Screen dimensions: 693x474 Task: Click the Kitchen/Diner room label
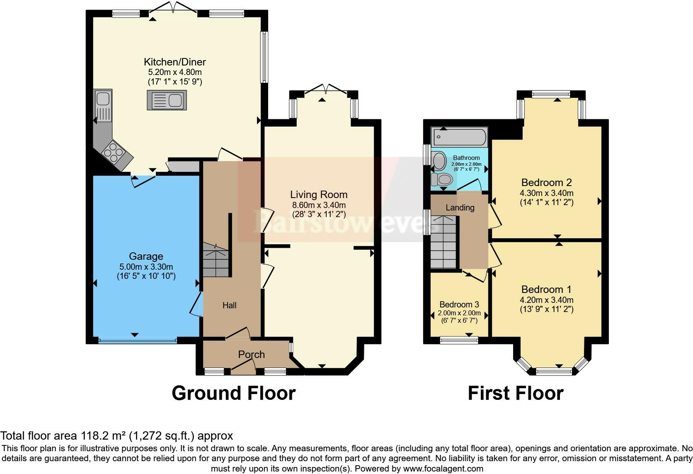[175, 62]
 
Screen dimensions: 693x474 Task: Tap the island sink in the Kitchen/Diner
[167, 100]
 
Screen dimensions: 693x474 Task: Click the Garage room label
[146, 256]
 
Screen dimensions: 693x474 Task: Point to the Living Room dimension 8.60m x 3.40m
[319, 205]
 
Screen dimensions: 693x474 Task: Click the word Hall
[230, 305]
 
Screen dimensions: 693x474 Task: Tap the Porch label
[252, 354]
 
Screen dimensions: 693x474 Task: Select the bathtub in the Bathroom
[459, 137]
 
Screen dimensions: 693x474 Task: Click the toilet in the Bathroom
[442, 179]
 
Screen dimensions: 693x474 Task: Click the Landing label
[460, 208]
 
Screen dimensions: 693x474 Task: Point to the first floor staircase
[443, 242]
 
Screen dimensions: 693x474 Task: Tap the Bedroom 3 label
[459, 305]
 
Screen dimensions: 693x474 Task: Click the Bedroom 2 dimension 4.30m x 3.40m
[547, 193]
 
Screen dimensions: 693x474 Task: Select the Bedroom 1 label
[546, 289]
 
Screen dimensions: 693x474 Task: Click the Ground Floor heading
[234, 393]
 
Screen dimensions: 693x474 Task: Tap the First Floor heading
[516, 393]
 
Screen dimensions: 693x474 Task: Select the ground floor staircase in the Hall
[216, 260]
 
